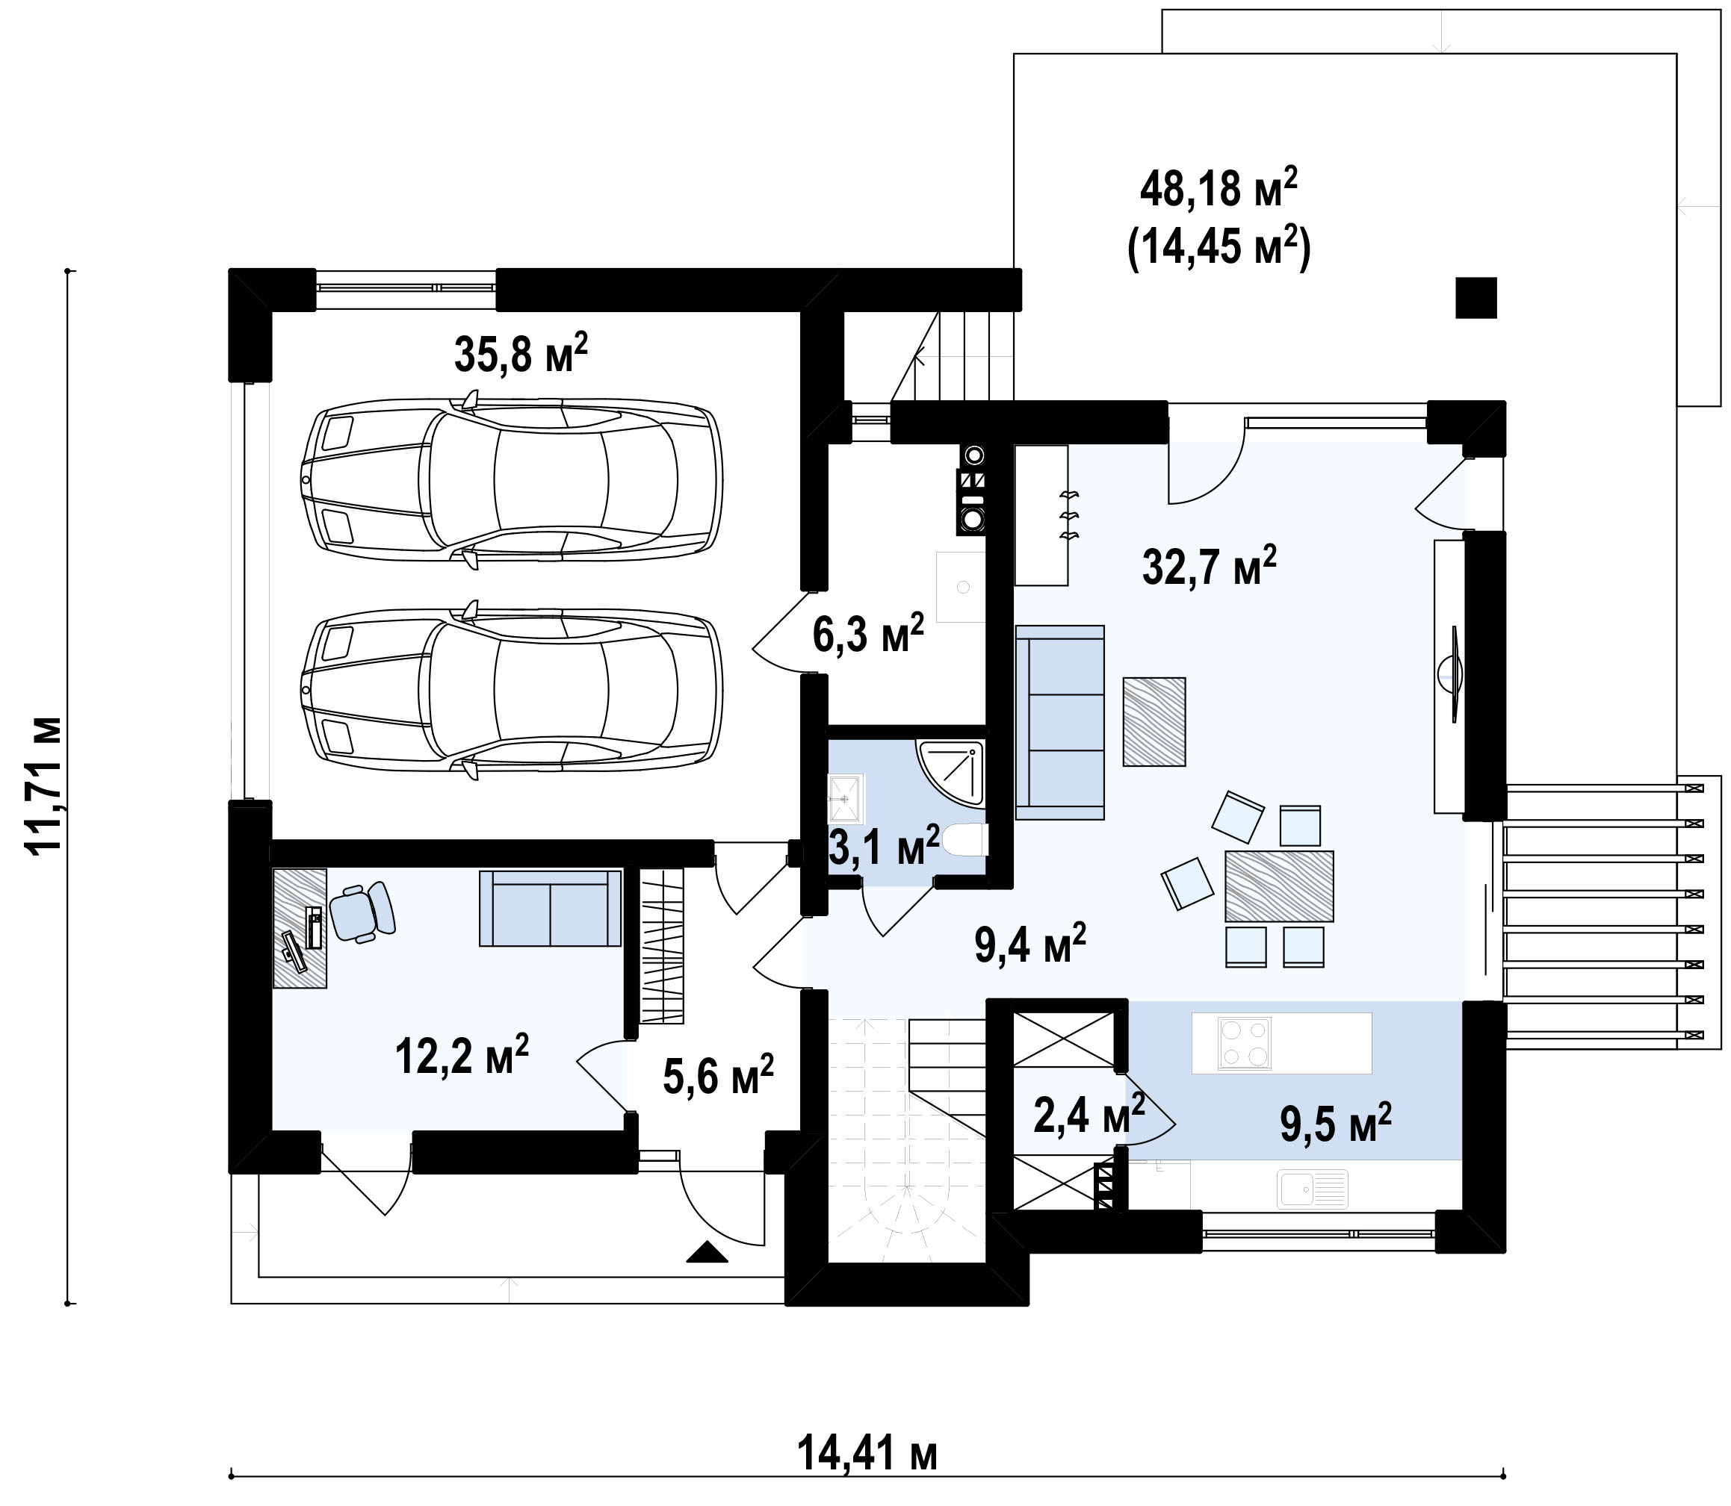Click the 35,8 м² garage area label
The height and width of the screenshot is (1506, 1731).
point(521,353)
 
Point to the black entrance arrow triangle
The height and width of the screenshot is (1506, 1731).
point(707,1251)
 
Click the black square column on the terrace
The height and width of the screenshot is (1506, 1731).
point(1476,297)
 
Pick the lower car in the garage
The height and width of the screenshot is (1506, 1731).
point(511,690)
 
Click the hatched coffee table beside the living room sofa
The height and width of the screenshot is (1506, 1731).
point(1154,721)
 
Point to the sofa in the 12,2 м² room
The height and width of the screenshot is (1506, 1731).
point(550,909)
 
